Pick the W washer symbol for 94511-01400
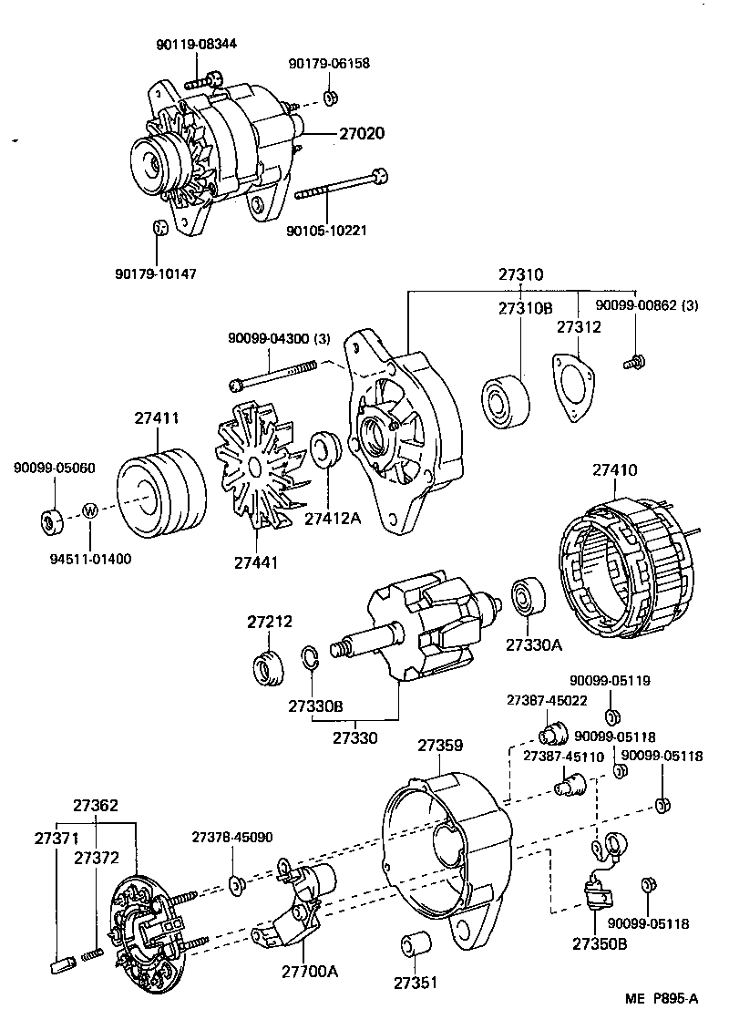pos(89,510)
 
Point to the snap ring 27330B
pos(310,658)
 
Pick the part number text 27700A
pos(309,972)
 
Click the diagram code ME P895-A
pos(662,999)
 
